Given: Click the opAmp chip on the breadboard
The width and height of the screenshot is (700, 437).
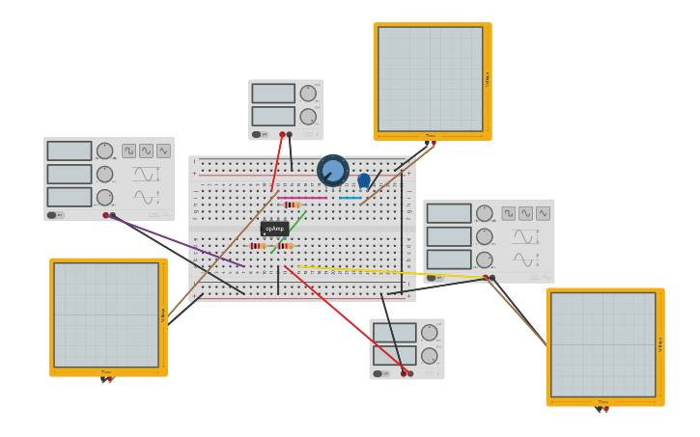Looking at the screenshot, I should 274,229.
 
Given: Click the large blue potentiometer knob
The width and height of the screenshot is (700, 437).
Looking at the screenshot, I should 333,171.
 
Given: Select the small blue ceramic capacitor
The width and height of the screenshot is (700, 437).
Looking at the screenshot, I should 364,179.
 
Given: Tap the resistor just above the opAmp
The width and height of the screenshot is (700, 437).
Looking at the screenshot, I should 293,205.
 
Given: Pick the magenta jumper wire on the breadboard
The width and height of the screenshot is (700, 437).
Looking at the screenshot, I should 302,198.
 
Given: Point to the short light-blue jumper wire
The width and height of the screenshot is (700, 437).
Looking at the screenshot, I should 350,198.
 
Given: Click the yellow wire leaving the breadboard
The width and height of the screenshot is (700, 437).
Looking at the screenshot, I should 386,272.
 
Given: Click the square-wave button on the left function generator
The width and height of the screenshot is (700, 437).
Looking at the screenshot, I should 128,150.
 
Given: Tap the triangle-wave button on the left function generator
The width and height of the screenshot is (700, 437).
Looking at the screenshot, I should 163,150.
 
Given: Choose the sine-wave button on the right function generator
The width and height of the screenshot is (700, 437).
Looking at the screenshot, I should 525,213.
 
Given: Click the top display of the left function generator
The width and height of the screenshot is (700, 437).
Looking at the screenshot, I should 70,150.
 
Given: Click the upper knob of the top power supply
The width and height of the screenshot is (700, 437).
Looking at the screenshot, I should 308,94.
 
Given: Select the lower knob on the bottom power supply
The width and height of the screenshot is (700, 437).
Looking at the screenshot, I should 429,356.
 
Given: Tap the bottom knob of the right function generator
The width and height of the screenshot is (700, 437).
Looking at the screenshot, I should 484,259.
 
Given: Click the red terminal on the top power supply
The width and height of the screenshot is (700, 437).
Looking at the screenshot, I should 282,134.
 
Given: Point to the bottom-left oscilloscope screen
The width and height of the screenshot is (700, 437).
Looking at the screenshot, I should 106,314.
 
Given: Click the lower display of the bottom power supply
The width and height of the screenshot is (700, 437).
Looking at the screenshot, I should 394,355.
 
